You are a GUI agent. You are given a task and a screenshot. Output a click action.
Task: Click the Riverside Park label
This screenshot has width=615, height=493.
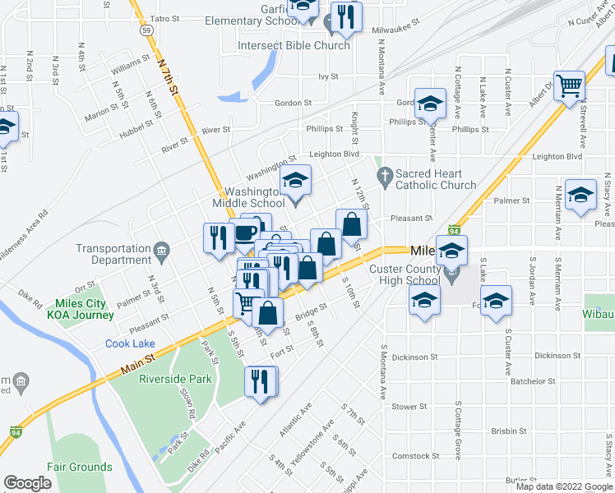coord(175,379)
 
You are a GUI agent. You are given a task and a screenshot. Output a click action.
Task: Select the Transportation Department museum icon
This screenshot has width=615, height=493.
coord(162,249)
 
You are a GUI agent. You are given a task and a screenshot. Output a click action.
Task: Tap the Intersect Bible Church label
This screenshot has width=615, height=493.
coord(294,45)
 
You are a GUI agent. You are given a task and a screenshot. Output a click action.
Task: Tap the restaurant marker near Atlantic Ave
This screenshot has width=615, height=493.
coord(261,382)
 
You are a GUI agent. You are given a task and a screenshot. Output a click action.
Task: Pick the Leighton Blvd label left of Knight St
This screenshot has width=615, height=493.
coord(335,154)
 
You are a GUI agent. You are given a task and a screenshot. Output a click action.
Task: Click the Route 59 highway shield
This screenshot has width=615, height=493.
coord(146,30)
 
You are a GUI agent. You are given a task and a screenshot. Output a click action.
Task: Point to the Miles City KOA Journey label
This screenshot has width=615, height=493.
coord(81,308)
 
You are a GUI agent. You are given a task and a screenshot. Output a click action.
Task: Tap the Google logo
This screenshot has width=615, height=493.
coord(28,482)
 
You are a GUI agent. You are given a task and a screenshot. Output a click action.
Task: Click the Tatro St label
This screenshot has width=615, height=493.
coord(164,17)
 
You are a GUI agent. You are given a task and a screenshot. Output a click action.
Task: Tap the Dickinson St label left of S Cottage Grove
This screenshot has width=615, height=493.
coord(415,357)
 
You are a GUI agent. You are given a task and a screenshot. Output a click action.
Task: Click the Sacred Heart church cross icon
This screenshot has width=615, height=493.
coord(384,174)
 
